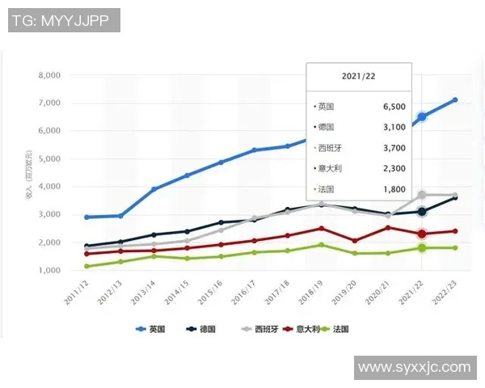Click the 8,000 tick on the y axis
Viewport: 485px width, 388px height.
click(x=49, y=75)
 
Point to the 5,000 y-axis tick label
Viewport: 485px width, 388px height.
click(x=49, y=158)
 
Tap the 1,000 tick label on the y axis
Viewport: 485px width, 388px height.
click(x=49, y=270)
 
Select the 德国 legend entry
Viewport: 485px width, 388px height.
click(x=202, y=330)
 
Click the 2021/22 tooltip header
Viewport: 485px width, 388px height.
click(x=358, y=75)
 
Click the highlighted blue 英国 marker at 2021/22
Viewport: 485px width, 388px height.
click(x=422, y=117)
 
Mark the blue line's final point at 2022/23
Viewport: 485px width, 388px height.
click(x=455, y=100)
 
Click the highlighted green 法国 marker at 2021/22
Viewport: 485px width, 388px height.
click(x=422, y=247)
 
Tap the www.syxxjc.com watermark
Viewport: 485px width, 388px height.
click(x=414, y=368)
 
